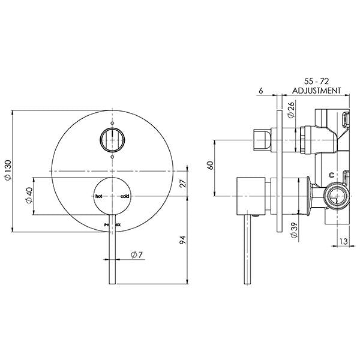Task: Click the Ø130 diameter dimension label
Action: pyautogui.click(x=7, y=172)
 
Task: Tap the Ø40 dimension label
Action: pyautogui.click(x=29, y=196)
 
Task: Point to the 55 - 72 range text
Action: pyautogui.click(x=316, y=80)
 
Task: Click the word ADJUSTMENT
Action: pyautogui.click(x=316, y=91)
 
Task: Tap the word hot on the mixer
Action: pyautogui.click(x=99, y=196)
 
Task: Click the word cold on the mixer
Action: pyautogui.click(x=124, y=196)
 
